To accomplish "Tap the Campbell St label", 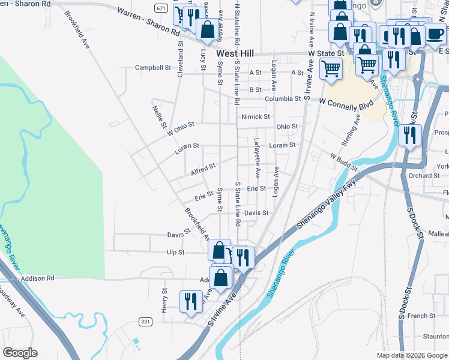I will (153, 68).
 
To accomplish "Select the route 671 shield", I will (160, 8).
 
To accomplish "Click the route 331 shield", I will (145, 322).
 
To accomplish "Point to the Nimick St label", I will (256, 116).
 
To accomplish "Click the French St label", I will (421, 316).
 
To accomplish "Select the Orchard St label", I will (424, 176).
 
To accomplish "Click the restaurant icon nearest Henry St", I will (191, 301).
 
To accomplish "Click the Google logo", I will (20, 353).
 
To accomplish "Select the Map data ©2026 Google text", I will (411, 355).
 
